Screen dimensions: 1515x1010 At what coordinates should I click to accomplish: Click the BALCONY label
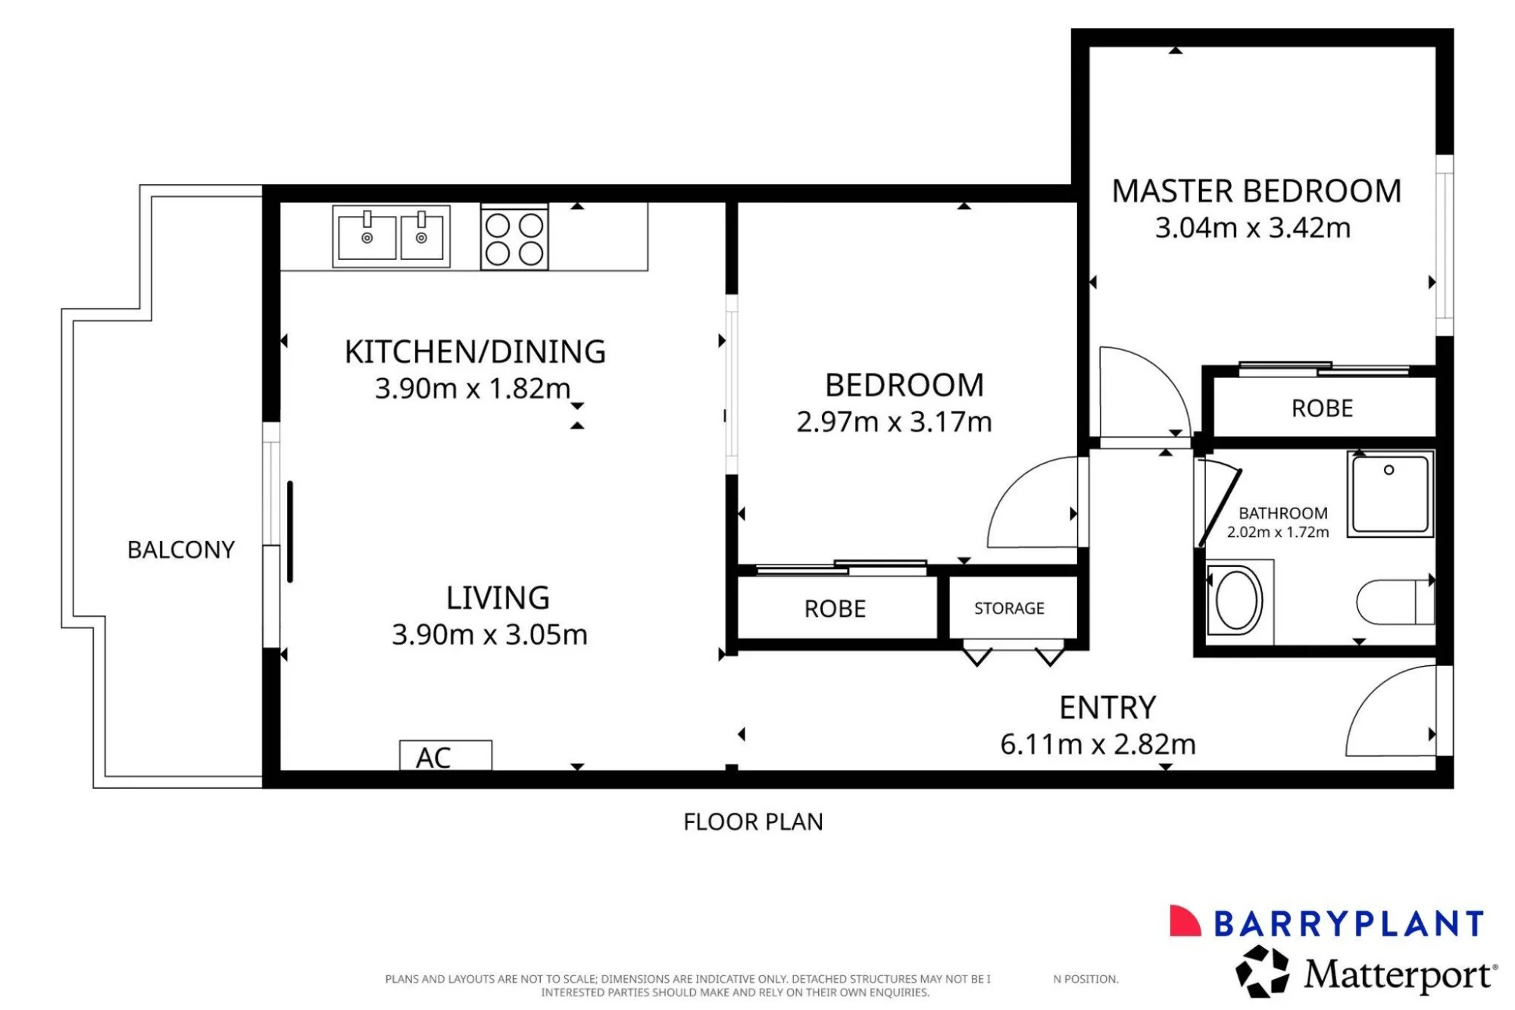point(181,549)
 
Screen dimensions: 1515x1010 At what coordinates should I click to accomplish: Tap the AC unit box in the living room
point(445,755)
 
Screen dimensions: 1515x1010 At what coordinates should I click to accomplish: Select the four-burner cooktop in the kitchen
point(514,238)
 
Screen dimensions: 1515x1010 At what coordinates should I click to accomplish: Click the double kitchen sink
point(392,236)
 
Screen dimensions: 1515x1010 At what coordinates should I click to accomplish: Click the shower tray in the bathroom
point(1390,494)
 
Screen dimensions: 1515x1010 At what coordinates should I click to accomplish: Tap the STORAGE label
point(1009,608)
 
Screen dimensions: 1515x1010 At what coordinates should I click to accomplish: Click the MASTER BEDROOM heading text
point(1257,191)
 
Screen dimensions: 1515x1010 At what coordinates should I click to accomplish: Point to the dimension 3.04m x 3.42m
point(1253,228)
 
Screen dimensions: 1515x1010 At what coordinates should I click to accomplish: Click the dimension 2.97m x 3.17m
point(894,422)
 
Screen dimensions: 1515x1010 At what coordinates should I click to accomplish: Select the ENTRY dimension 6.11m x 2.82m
point(1098,745)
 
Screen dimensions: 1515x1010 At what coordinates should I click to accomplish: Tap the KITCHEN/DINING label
point(475,352)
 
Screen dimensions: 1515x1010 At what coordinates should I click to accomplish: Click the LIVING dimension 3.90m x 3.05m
point(489,635)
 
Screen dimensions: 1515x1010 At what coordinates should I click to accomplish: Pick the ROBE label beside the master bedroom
point(1322,409)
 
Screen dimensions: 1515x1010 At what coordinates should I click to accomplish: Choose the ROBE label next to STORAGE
point(835,609)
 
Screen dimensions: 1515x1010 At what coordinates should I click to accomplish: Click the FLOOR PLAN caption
point(753,822)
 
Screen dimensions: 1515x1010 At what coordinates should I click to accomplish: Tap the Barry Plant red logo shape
point(1185,921)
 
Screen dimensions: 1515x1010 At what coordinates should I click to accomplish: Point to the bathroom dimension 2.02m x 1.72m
point(1278,533)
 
